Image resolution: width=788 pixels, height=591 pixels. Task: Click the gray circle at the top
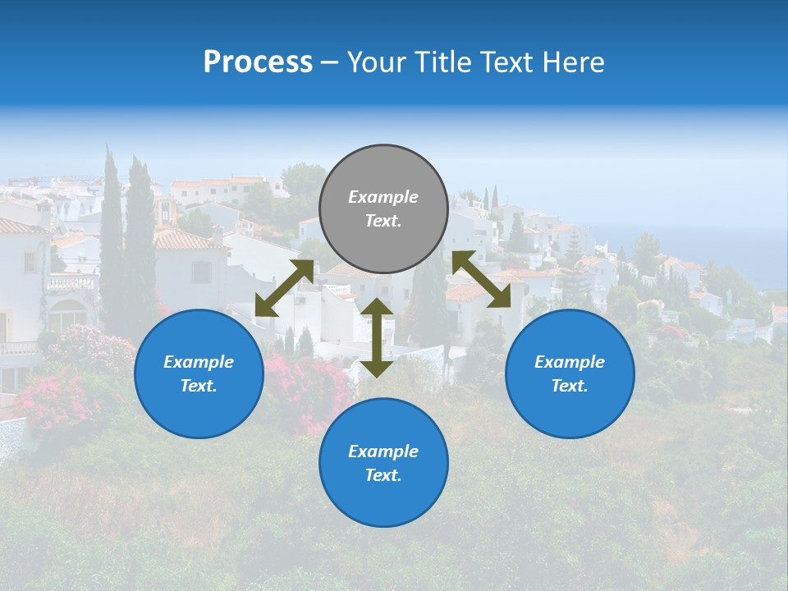(383, 209)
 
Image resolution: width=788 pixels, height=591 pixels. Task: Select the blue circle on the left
(199, 373)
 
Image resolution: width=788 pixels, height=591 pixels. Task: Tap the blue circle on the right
(570, 373)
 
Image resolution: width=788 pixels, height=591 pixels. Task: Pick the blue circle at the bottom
(383, 463)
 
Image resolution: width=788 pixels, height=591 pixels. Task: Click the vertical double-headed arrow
(377, 337)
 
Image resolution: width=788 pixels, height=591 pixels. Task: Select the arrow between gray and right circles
(481, 279)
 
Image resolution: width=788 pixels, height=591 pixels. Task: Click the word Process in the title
(258, 62)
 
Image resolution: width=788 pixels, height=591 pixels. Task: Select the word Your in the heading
(374, 62)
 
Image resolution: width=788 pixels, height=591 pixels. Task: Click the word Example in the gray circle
(383, 197)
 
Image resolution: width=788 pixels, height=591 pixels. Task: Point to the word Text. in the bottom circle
(383, 475)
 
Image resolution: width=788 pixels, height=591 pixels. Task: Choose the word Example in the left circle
(199, 362)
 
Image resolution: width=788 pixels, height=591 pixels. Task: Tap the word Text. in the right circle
(570, 386)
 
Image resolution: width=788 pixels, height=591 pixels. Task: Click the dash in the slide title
(329, 62)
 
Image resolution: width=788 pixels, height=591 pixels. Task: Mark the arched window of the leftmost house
(68, 315)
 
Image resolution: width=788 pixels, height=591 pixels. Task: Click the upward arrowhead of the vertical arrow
(377, 307)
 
